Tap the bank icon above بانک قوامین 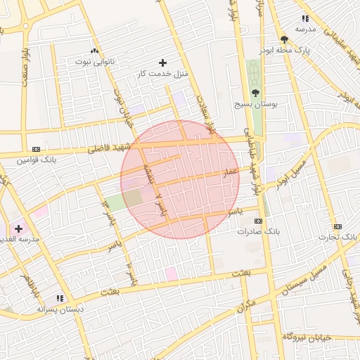click(36, 149)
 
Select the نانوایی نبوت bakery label click(93, 62)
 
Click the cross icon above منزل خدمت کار click(164, 63)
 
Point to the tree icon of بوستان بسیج click(255, 93)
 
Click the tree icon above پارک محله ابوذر click(284, 40)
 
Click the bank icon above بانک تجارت click(337, 226)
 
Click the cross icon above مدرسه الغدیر click(18, 229)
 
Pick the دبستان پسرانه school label click(60, 309)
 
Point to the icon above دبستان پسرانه click(60, 298)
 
